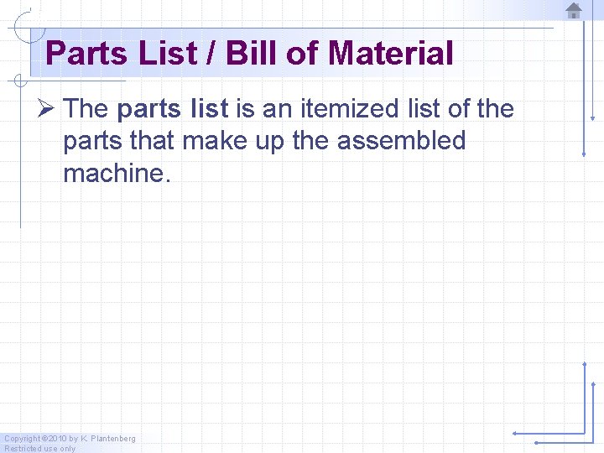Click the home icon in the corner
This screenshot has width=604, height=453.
tap(574, 11)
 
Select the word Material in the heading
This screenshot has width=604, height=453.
tap(391, 54)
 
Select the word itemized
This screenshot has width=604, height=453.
tap(334, 108)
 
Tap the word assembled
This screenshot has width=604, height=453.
tap(401, 140)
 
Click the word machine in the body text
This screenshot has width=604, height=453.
tap(112, 173)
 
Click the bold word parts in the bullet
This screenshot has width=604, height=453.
tap(149, 108)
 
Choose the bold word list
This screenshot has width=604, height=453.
tap(210, 108)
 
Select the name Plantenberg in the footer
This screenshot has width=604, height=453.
tap(112, 439)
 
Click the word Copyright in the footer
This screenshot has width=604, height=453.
tap(21, 439)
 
